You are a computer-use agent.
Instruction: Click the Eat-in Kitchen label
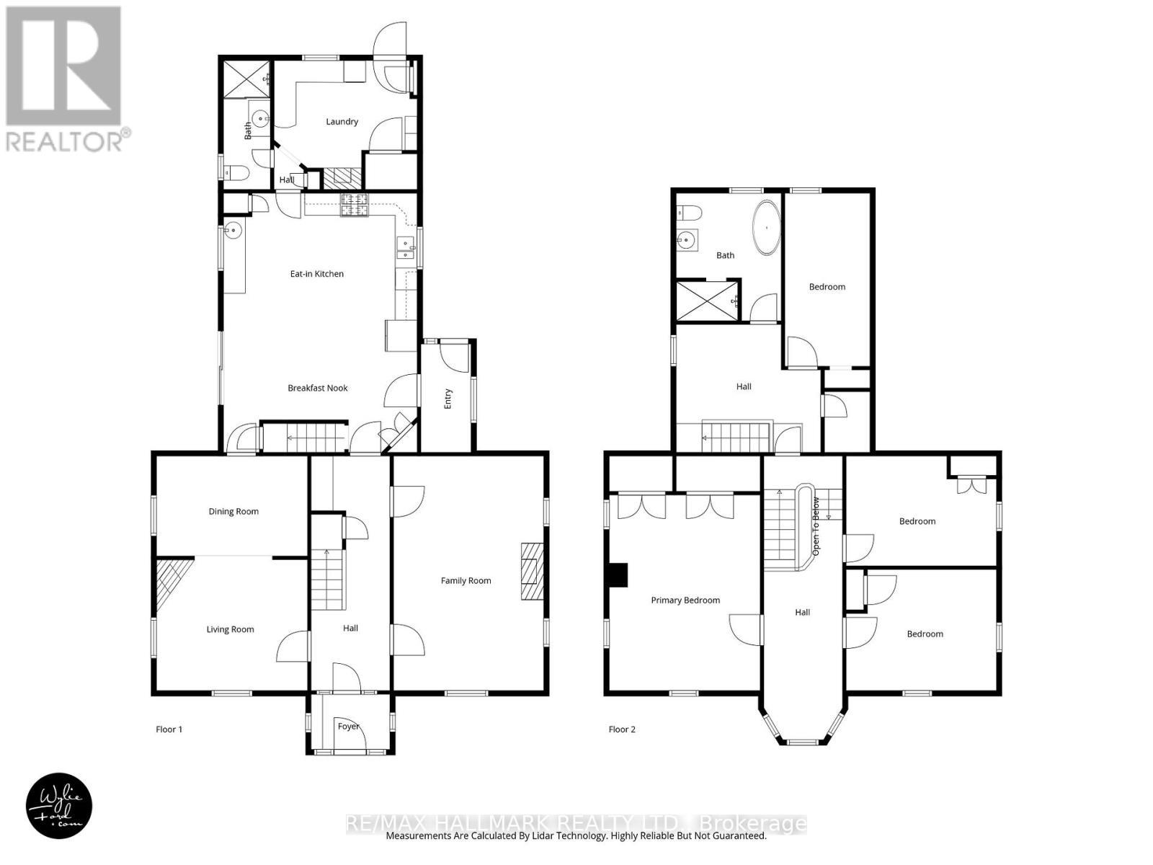tap(317, 274)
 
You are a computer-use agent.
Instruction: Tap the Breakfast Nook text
tap(318, 388)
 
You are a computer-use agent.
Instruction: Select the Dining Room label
tap(233, 512)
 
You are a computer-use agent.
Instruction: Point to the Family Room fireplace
tap(532, 572)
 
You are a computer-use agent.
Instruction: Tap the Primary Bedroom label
tap(685, 600)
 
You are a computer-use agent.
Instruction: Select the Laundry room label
tap(342, 122)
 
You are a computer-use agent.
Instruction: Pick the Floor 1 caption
tap(169, 729)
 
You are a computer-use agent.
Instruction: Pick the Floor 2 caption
tap(622, 729)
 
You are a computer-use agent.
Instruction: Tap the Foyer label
tap(349, 727)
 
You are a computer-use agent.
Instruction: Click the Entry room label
tap(448, 399)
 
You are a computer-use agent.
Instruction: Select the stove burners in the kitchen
tap(355, 205)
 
